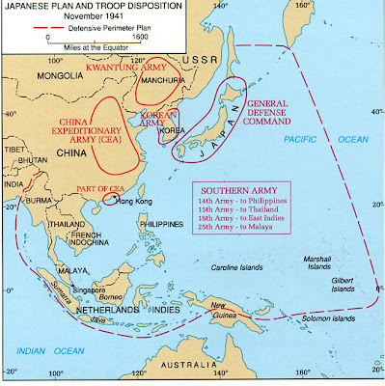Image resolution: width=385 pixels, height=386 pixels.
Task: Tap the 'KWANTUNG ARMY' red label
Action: click(x=122, y=71)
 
